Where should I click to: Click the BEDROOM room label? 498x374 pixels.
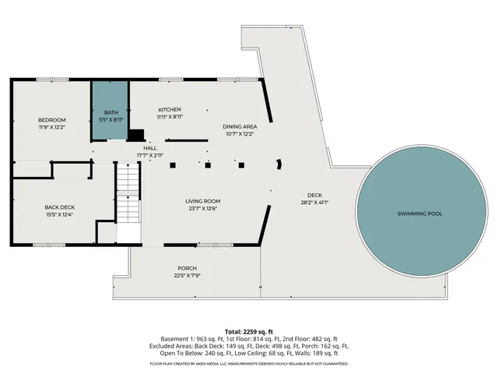click(53, 120)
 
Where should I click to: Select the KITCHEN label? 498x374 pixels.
click(170, 109)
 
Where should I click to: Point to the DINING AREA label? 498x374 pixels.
click(239, 126)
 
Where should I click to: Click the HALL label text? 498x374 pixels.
click(149, 147)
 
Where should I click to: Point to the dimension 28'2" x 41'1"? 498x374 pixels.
click(314, 203)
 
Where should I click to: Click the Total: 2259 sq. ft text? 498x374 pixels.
click(249, 331)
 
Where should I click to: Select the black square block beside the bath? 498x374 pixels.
click(136, 134)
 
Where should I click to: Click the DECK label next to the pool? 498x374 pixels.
click(314, 196)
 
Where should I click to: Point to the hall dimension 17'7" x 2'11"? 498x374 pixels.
click(149, 155)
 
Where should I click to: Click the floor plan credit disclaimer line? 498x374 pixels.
click(249, 364)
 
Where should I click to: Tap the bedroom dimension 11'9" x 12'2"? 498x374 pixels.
click(53, 127)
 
